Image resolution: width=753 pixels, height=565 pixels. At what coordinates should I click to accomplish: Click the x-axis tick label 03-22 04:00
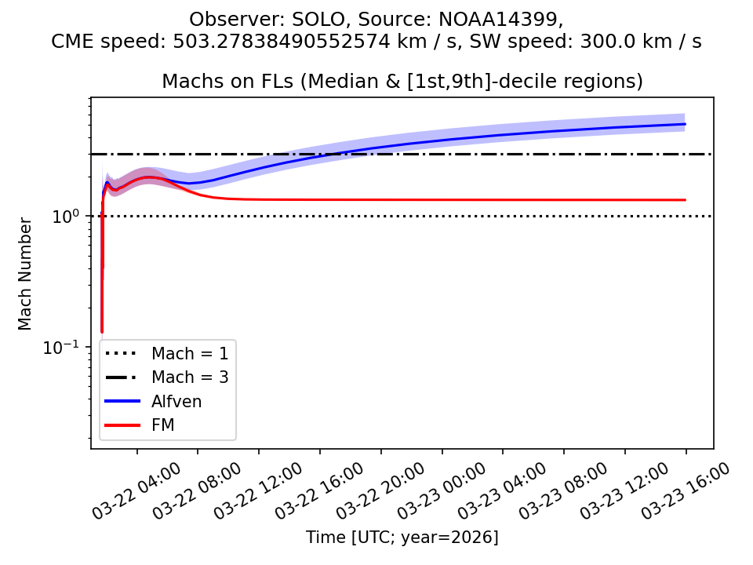click(x=137, y=490)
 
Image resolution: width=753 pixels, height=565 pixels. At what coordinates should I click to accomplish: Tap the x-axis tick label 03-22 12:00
click(x=259, y=490)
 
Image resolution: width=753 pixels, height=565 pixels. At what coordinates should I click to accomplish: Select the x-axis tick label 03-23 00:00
click(x=442, y=490)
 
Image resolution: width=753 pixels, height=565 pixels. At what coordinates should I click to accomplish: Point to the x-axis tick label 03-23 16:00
click(x=686, y=490)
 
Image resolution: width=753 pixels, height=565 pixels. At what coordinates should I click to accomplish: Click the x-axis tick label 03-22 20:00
click(x=381, y=490)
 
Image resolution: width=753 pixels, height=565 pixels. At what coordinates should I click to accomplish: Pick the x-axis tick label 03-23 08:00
click(x=564, y=490)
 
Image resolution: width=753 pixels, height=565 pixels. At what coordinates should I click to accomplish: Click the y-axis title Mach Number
click(x=25, y=274)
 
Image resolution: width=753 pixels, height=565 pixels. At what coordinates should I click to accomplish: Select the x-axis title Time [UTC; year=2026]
click(x=402, y=538)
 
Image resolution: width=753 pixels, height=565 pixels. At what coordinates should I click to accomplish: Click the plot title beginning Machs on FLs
click(x=402, y=81)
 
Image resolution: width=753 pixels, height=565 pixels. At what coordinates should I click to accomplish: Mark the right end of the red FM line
click(x=686, y=200)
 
